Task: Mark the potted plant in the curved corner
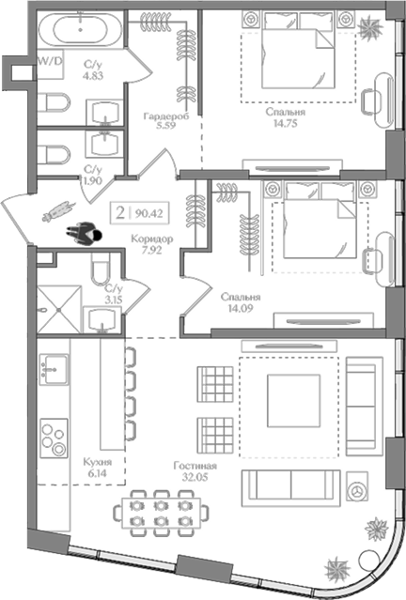(x=336, y=567)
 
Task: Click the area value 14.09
(x=239, y=307)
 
